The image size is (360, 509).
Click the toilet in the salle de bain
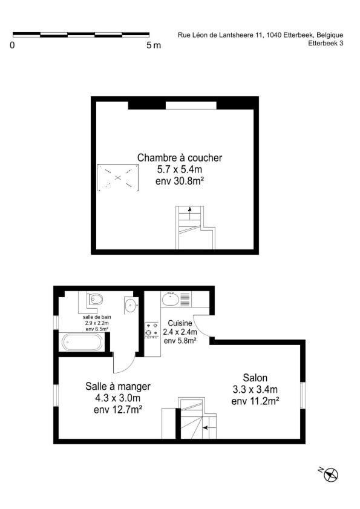coord(95,299)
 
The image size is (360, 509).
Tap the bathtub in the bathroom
coord(82,342)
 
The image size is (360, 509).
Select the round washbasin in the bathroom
coord(131,306)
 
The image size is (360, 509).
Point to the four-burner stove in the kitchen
coord(152,330)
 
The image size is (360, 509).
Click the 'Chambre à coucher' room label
coord(180,158)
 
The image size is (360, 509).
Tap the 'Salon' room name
coord(255,378)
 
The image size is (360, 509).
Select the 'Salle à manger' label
coord(118,386)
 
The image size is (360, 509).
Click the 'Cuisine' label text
coord(180,323)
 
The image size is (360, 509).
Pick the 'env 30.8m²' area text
coord(180,181)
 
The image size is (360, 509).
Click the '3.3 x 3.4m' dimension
coord(255,389)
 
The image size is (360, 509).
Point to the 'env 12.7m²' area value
coord(118,410)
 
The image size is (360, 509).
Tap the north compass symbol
coord(330,475)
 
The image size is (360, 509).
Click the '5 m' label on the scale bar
coord(154,45)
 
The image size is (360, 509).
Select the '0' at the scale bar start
coord(12,45)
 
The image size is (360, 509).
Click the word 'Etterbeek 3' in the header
coord(326,43)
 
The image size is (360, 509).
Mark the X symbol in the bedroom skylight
coord(118,177)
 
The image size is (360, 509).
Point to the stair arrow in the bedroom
coord(190,214)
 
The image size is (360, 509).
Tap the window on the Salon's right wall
coord(303,395)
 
